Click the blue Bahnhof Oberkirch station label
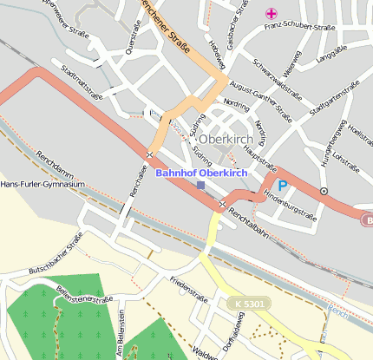pyautogui.click(x=201, y=173)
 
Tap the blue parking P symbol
pyautogui.click(x=282, y=186)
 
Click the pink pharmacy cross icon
pyautogui.click(x=272, y=13)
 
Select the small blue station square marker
pyautogui.click(x=201, y=186)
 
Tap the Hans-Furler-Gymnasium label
pyautogui.click(x=43, y=185)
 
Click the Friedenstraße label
pyautogui.click(x=189, y=289)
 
